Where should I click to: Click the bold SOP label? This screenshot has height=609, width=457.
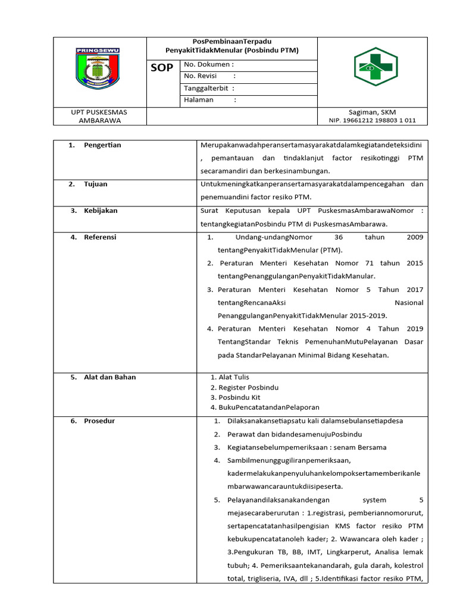coord(161,68)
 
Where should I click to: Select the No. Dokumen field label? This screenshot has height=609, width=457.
coord(208,64)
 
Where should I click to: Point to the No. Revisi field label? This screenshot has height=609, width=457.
coord(201,76)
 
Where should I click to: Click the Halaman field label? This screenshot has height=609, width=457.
coord(199,100)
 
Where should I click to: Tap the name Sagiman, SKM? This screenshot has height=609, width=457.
coord(373,112)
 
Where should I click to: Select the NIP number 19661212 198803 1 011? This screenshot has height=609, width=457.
coord(373,120)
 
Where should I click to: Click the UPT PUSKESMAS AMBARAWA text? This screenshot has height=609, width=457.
coord(99,116)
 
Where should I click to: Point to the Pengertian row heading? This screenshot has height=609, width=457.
coord(102,145)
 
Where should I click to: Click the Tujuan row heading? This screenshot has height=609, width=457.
coord(96,184)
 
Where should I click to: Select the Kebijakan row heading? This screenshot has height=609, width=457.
coord(101,211)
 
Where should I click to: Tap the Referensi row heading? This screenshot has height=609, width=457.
coord(100,237)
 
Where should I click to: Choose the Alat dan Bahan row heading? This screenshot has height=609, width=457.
coord(109,377)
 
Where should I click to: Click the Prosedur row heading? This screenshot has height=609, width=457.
coord(99,421)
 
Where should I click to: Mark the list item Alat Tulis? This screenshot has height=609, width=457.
coord(234,377)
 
